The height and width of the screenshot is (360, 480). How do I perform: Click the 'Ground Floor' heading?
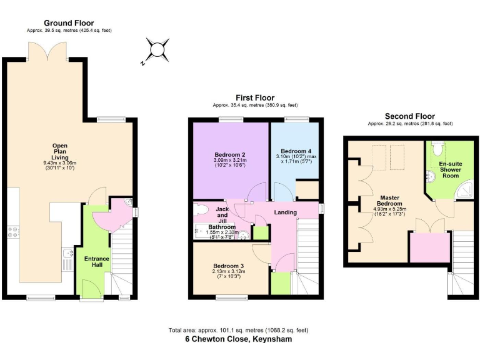(69, 23)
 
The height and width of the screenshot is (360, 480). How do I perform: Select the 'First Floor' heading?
(254, 98)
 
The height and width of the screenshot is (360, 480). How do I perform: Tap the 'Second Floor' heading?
(409, 116)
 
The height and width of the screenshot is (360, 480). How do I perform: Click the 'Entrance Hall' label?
(97, 262)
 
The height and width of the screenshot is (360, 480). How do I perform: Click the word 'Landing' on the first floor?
(286, 212)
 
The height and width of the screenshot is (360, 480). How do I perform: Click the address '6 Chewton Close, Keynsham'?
(238, 339)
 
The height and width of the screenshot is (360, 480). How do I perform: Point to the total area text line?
(238, 330)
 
